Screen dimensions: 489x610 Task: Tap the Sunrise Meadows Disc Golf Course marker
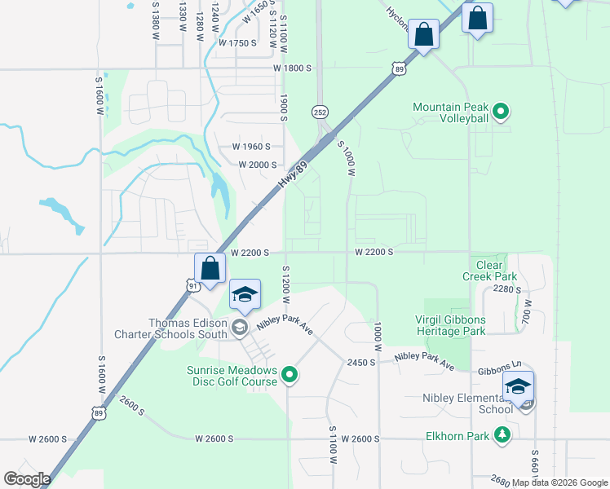click(290, 376)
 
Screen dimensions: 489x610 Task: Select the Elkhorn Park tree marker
click(504, 436)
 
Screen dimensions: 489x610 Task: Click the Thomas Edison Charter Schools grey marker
click(239, 328)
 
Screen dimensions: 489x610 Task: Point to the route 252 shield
click(320, 111)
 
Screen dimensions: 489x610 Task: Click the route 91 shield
click(192, 285)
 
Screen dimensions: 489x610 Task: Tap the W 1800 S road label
click(293, 68)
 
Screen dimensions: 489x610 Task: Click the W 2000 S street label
click(258, 164)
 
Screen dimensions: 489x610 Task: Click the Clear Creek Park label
click(489, 271)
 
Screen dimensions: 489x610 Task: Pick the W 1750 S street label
click(237, 42)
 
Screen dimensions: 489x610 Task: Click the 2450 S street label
click(360, 363)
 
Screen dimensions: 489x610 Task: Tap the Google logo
click(27, 479)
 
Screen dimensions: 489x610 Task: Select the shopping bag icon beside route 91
click(210, 268)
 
